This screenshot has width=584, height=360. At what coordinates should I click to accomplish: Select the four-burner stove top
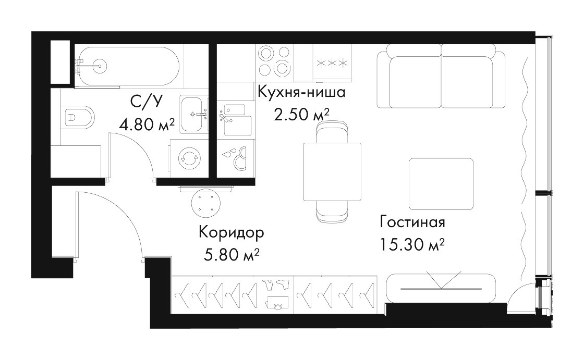274,60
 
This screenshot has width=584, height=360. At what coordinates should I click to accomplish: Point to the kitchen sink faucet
224,116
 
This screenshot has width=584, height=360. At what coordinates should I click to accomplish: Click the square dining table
332,171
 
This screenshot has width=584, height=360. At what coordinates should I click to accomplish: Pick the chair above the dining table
332,131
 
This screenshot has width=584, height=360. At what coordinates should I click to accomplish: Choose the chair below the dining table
332,212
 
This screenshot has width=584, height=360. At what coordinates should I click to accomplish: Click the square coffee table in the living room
441,183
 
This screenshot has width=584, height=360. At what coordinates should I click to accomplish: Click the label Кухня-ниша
302,92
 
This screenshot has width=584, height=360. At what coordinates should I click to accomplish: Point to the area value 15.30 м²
412,244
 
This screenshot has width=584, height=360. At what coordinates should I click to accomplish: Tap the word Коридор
232,233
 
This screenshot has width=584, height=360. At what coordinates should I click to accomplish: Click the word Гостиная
412,222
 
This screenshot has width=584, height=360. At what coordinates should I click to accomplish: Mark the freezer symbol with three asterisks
332,63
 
